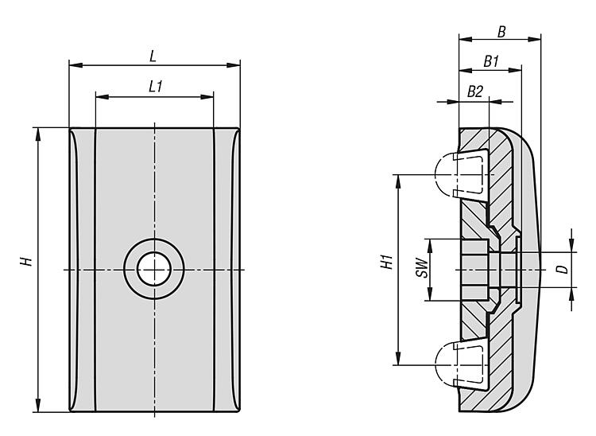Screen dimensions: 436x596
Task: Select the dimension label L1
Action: pyautogui.click(x=156, y=87)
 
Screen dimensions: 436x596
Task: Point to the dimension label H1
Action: pyautogui.click(x=387, y=262)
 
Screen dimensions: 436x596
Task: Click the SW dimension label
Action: pyautogui.click(x=423, y=269)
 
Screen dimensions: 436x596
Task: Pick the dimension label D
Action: pyautogui.click(x=562, y=270)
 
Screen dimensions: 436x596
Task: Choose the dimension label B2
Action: pyautogui.click(x=474, y=91)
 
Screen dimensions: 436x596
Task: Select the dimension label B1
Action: pyautogui.click(x=490, y=61)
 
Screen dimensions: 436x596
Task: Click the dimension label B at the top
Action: pyautogui.click(x=501, y=33)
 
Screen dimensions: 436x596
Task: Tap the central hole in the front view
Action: pyautogui.click(x=154, y=269)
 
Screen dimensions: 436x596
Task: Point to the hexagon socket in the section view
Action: pyautogui.click(x=474, y=269)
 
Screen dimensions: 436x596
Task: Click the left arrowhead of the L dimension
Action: pyautogui.click(x=72, y=65)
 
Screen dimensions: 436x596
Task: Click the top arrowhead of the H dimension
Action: pyautogui.click(x=37, y=130)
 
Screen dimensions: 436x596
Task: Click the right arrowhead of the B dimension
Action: pyautogui.click(x=537, y=38)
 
